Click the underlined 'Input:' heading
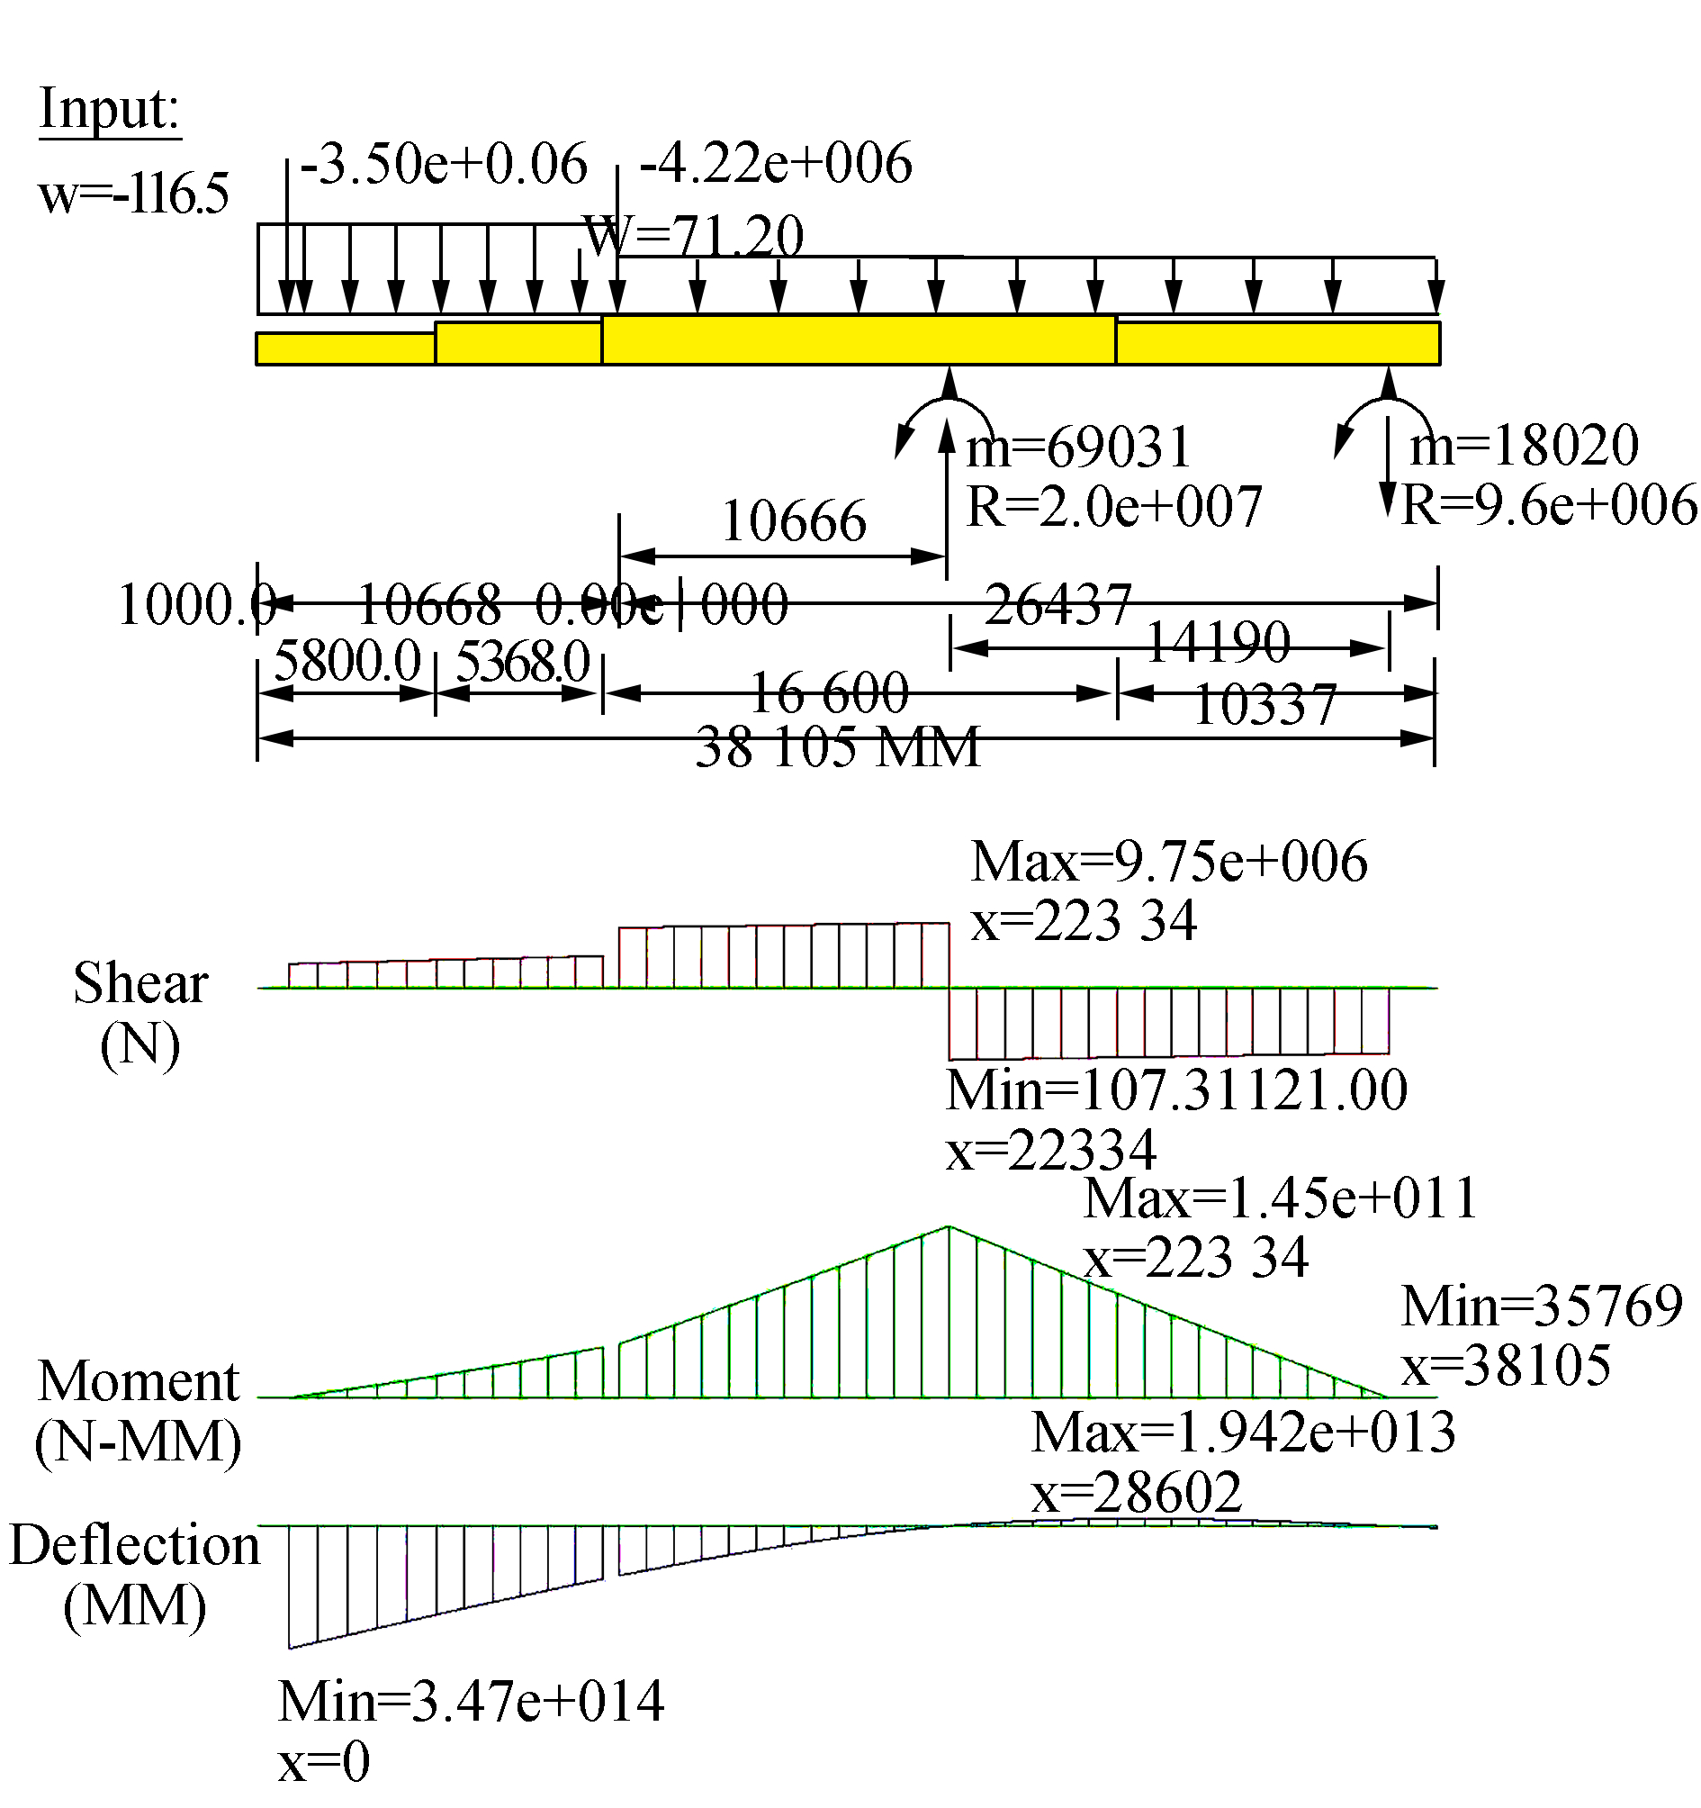tap(109, 110)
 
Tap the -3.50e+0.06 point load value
tap(444, 165)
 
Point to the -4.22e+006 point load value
tap(776, 164)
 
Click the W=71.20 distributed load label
tap(693, 237)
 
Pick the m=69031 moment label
tap(1078, 447)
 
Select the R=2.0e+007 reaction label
tap(1113, 507)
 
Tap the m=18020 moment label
tap(1524, 445)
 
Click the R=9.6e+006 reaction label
tap(1548, 505)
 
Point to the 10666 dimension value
tap(794, 522)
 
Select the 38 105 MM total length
tap(837, 747)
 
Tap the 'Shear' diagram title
tap(141, 983)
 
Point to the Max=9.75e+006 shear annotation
tap(1168, 862)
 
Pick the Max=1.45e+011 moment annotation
tap(1280, 1198)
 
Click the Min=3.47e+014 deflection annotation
tap(471, 1701)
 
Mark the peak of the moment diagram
tap(949, 1227)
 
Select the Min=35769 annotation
tap(1542, 1306)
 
